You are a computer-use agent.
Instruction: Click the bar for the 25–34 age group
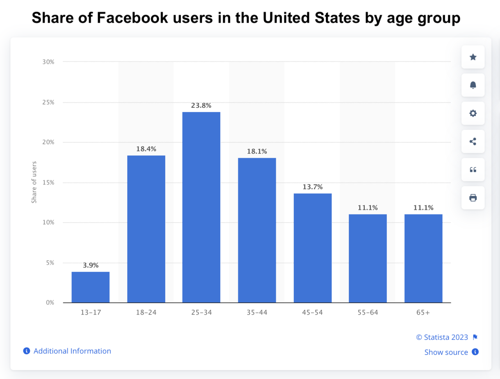click(x=201, y=207)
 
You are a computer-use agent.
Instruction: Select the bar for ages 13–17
click(x=91, y=287)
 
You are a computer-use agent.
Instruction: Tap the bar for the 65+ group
click(x=423, y=258)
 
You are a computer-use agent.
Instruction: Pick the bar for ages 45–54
click(x=312, y=248)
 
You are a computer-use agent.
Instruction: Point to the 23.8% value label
click(x=201, y=105)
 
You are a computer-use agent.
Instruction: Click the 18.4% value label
click(x=146, y=149)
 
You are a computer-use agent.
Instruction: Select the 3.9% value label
click(x=91, y=265)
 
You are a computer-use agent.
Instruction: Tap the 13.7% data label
click(x=312, y=187)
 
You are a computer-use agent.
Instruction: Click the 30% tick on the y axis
click(x=48, y=62)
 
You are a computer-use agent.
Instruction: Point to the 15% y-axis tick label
click(x=48, y=182)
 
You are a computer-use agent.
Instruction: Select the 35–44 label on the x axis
click(x=257, y=313)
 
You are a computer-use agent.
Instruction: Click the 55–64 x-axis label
click(x=368, y=313)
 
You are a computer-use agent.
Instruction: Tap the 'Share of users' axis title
click(x=34, y=182)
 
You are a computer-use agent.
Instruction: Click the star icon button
click(x=473, y=57)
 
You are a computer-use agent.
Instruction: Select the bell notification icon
click(x=473, y=85)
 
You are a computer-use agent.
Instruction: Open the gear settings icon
click(x=473, y=113)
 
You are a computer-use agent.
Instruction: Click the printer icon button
click(x=473, y=198)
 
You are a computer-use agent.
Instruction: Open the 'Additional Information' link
click(x=72, y=351)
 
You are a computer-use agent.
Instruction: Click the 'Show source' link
click(x=446, y=352)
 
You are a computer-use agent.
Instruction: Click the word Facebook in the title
click(x=132, y=18)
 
